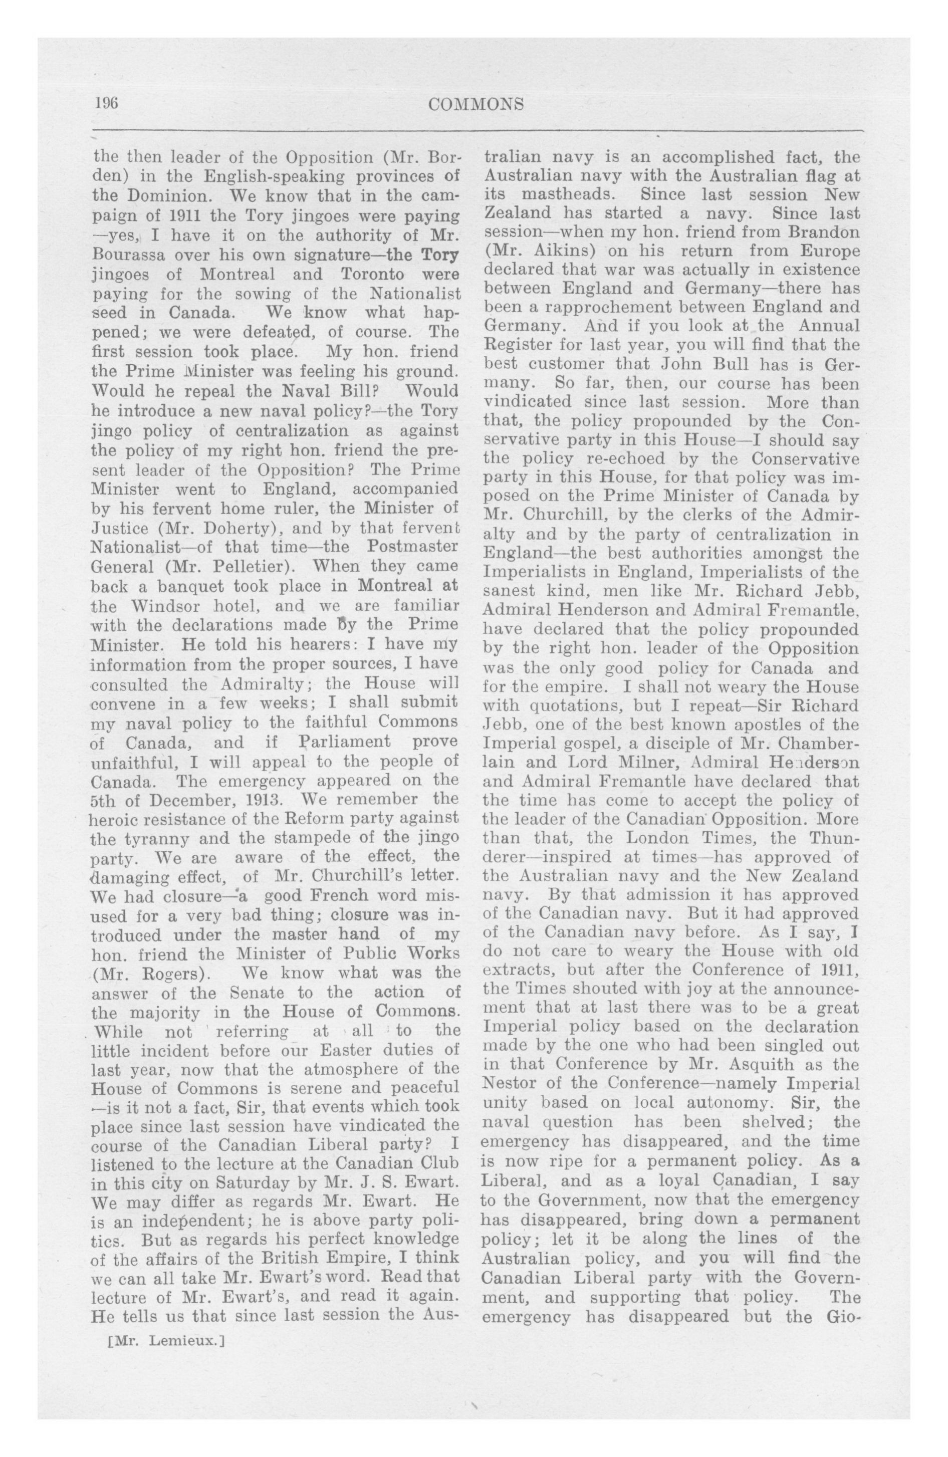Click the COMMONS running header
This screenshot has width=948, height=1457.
[x=476, y=105]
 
